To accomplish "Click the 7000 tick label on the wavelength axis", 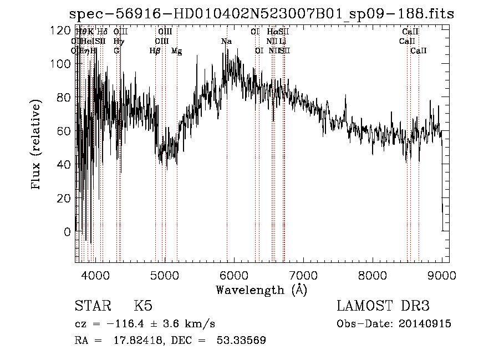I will click(303, 275).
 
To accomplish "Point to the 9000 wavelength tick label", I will click(442, 275).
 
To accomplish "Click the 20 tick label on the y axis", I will click(63, 198).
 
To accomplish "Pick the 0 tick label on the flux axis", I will click(66, 231).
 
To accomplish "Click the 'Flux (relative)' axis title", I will click(37, 145).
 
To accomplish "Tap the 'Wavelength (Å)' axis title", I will click(261, 290).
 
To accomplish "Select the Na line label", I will click(226, 42).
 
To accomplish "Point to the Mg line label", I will click(176, 51).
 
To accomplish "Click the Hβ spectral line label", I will click(155, 51).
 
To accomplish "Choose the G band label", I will click(116, 51).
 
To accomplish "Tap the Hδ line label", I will click(102, 32).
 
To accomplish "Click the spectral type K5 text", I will click(143, 306).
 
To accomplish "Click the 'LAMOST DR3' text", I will click(383, 306).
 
